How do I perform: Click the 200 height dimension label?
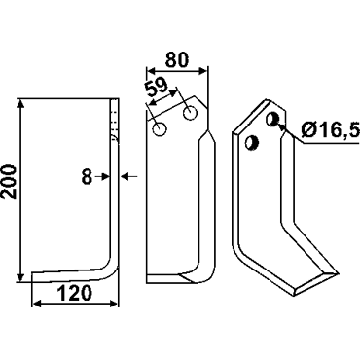pyautogui.click(x=10, y=182)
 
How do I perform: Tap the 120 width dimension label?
pyautogui.click(x=75, y=293)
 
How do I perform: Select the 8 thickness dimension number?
pyautogui.click(x=87, y=177)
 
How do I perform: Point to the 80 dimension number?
pyautogui.click(x=177, y=59)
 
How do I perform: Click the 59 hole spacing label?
pyautogui.click(x=156, y=88)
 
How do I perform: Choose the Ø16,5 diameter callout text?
pyautogui.click(x=330, y=130)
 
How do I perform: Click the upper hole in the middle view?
pyautogui.click(x=190, y=113)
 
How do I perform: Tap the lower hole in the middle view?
pyautogui.click(x=160, y=129)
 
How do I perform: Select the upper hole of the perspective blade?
pyautogui.click(x=272, y=119)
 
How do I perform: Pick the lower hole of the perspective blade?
pyautogui.click(x=251, y=143)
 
